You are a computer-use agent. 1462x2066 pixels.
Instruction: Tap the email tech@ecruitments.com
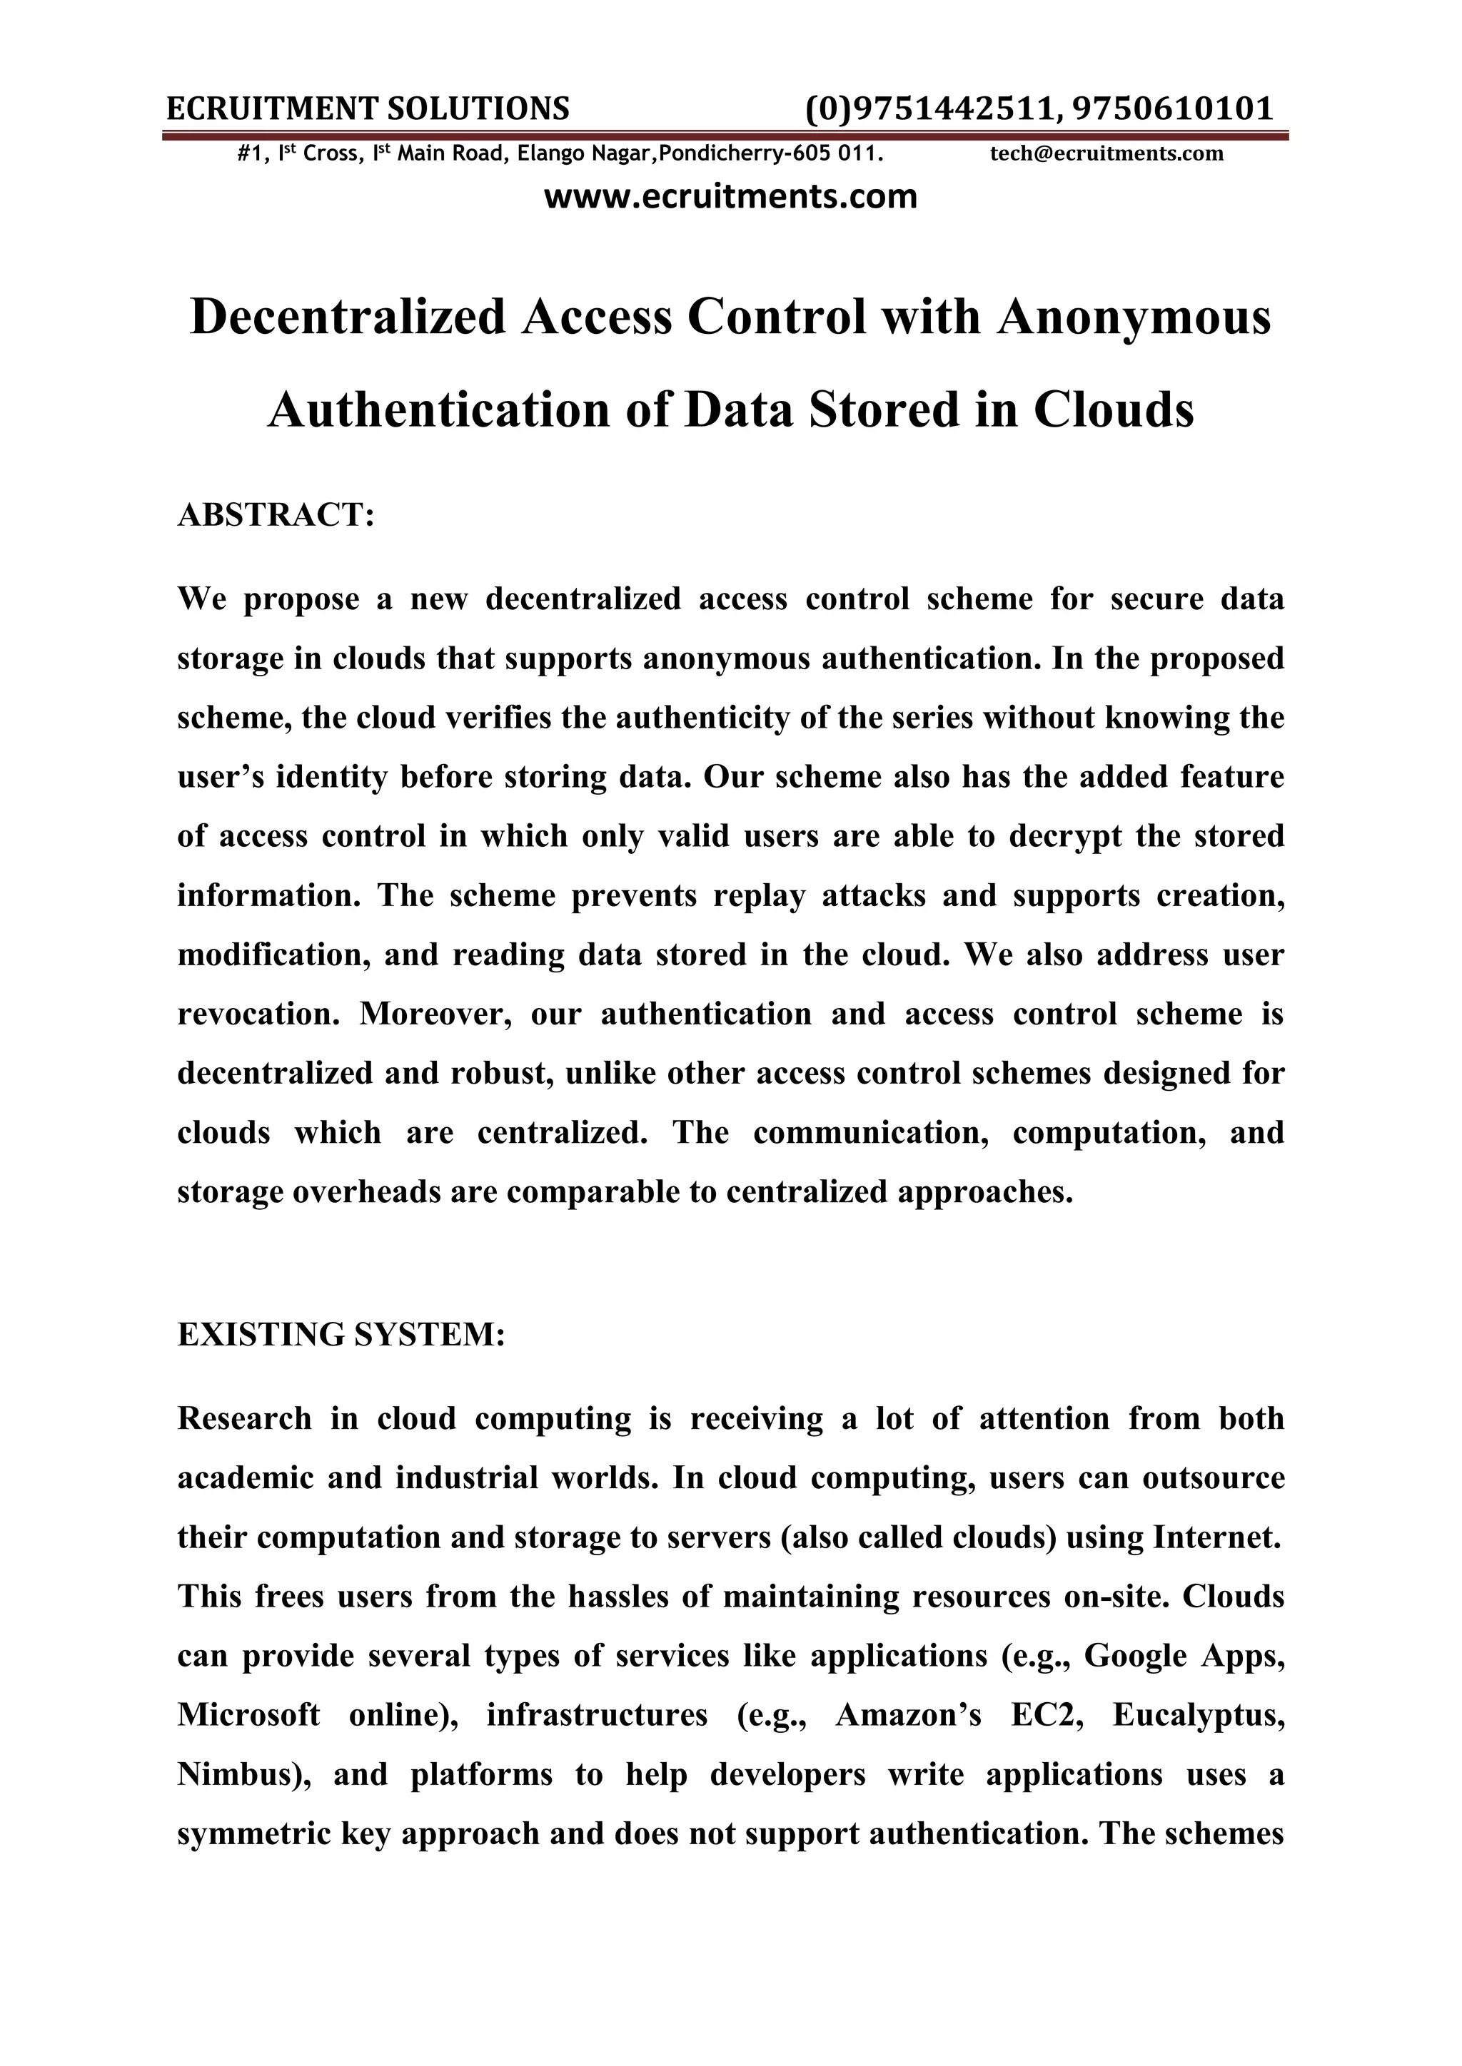[x=1106, y=154]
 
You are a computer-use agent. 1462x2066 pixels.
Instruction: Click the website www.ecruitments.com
[x=731, y=196]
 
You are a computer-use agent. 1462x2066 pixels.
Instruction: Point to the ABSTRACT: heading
[x=276, y=516]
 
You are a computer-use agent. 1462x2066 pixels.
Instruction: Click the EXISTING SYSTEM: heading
[x=341, y=1335]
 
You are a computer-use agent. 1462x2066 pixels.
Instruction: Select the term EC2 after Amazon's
[x=1044, y=1715]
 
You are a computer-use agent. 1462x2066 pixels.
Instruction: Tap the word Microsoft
[x=248, y=1715]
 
